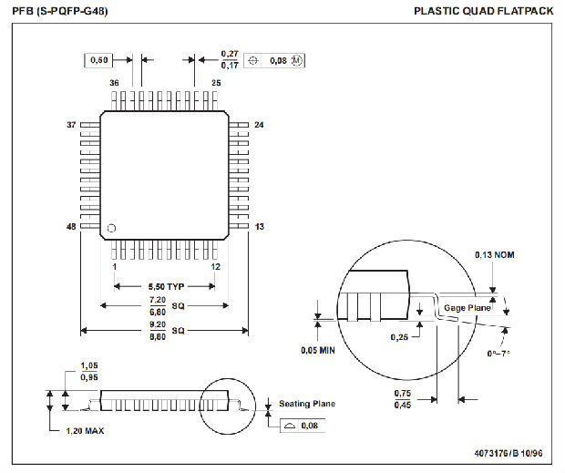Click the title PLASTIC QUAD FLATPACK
(x=483, y=11)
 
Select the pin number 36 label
(x=115, y=83)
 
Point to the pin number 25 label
(x=216, y=83)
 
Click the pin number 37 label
(x=71, y=125)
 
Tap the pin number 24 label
(x=259, y=125)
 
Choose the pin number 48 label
(x=71, y=227)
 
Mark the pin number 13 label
(x=259, y=227)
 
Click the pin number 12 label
(x=216, y=267)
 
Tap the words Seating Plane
(x=307, y=404)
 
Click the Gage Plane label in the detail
(x=467, y=309)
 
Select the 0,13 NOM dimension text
(x=494, y=254)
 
